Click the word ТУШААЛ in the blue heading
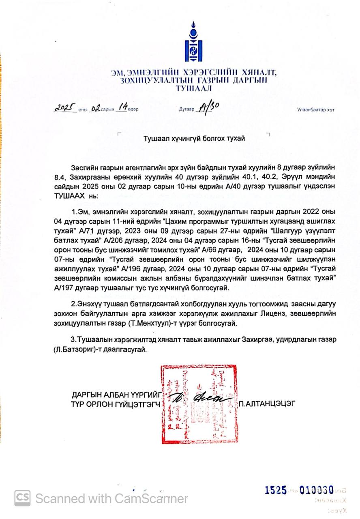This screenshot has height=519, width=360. [x=193, y=88]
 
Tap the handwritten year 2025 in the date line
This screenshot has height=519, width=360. [x=65, y=108]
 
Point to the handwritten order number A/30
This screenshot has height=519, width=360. [x=207, y=108]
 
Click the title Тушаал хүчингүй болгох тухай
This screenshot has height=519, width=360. [x=194, y=138]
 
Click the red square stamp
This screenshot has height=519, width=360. [x=199, y=403]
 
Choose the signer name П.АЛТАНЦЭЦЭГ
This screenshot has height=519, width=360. [x=267, y=403]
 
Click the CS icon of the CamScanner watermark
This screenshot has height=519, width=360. [x=23, y=498]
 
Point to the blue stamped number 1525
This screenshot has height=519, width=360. [x=276, y=490]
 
